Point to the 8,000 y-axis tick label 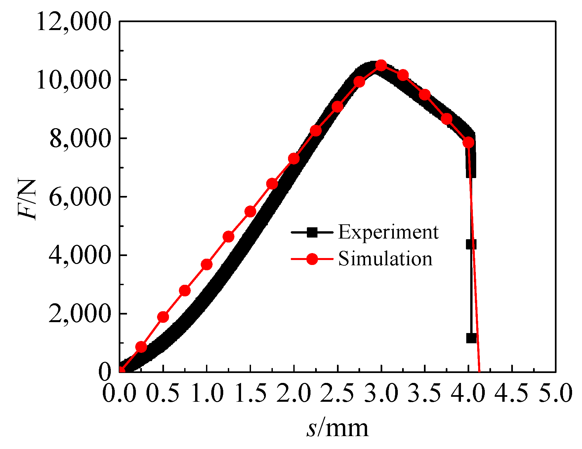(x=79, y=138)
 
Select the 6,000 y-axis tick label (x=79, y=197)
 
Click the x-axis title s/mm (x=337, y=429)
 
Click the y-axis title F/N (x=27, y=200)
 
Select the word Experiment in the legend (x=388, y=232)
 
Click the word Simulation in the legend (x=385, y=259)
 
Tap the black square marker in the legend (x=312, y=233)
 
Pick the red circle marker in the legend (x=312, y=259)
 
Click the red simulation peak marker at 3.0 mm (x=381, y=65)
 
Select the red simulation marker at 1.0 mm (x=207, y=264)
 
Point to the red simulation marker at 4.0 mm (x=468, y=142)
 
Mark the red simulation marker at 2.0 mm (x=294, y=159)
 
